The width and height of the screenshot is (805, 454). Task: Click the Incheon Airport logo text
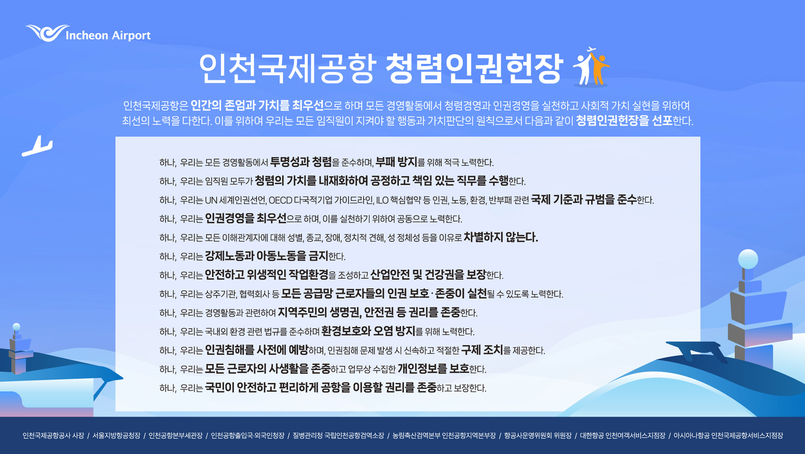coord(108,36)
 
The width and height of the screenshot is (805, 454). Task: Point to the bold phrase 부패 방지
coord(396,162)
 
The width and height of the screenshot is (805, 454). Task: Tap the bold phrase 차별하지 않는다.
coord(501,237)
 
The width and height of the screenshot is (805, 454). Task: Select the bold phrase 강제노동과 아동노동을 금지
coord(266,256)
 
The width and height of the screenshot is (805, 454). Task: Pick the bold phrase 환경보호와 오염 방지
coord(368,331)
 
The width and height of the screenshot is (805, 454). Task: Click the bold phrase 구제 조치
coord(482,350)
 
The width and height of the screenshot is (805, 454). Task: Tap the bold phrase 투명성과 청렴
coord(301,162)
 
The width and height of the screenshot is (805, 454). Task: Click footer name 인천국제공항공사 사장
coord(53,435)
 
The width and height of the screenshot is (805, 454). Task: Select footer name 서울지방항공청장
coord(116,435)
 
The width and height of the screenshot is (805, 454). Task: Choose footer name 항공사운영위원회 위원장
coord(538,435)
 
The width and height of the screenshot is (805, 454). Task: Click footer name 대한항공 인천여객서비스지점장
coord(623,435)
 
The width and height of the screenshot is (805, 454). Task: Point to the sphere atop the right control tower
coord(748,259)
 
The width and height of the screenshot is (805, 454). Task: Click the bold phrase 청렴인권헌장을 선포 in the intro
coord(624,121)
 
